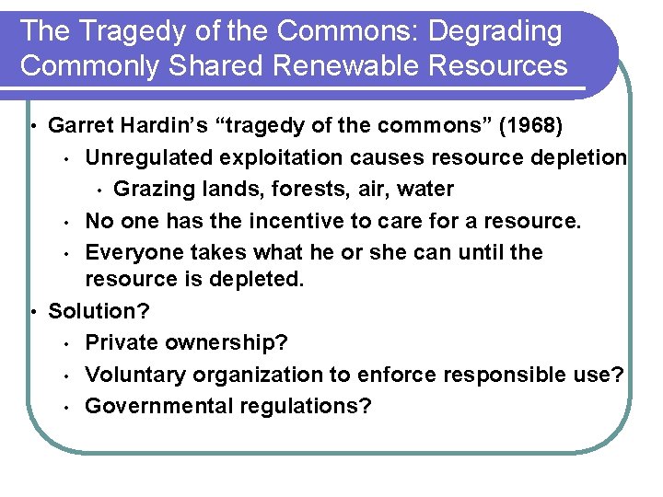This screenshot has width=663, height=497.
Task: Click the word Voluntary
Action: click(x=134, y=375)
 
